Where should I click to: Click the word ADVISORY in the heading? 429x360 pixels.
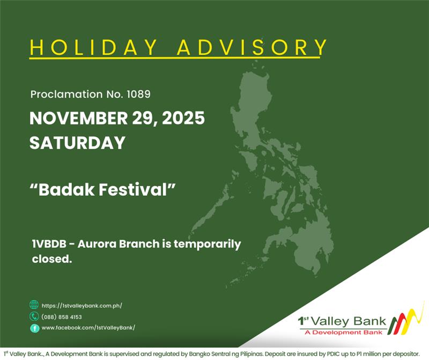click(252, 47)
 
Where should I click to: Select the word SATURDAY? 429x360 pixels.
click(77, 143)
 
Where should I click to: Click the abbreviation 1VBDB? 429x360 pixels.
click(51, 245)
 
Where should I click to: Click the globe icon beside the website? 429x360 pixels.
click(34, 305)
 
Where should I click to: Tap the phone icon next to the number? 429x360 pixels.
click(34, 317)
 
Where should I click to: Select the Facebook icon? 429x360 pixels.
click(34, 328)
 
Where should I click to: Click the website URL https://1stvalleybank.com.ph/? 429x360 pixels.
click(82, 305)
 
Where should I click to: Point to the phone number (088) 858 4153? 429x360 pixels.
click(62, 317)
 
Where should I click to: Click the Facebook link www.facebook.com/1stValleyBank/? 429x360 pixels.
click(88, 328)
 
